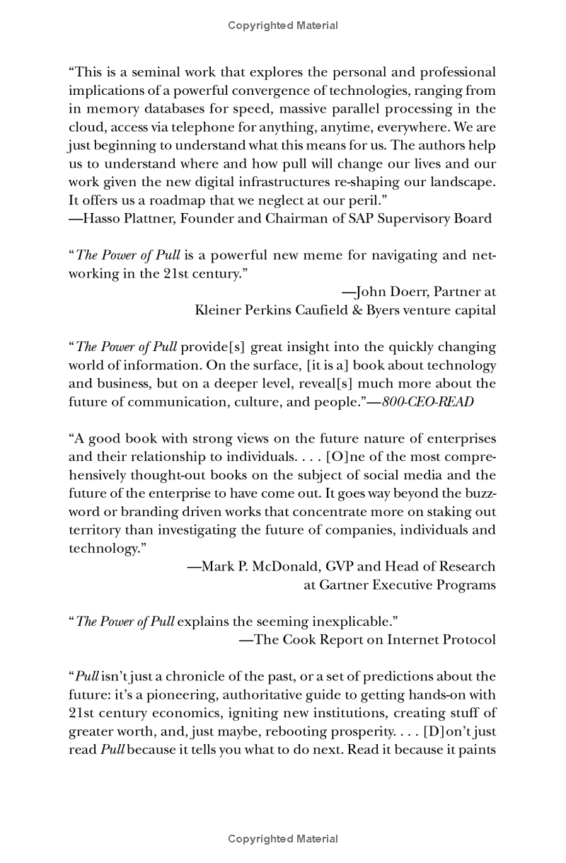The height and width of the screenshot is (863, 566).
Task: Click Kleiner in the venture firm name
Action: point(216,309)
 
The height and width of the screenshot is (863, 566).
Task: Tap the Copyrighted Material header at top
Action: point(283,25)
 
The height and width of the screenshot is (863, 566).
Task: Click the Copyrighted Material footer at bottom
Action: point(283,839)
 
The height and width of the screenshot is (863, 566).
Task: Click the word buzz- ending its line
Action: point(481,493)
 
